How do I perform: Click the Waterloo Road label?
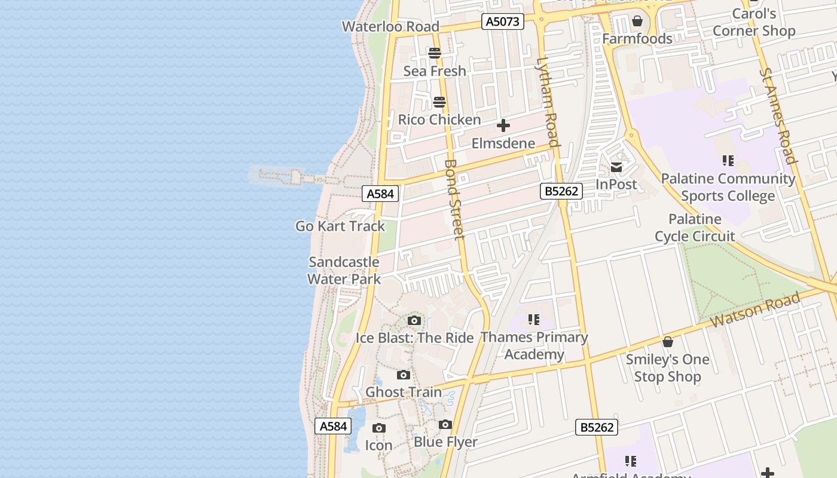(390, 26)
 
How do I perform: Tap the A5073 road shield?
(503, 22)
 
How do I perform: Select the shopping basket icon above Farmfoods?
(637, 22)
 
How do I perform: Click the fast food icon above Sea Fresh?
(435, 54)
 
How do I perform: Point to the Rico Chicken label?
(439, 119)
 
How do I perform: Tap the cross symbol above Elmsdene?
(503, 126)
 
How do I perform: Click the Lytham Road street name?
(548, 102)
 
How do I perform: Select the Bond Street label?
(455, 199)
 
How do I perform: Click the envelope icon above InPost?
(616, 167)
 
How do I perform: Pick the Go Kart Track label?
(340, 226)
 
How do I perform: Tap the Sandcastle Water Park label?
(344, 271)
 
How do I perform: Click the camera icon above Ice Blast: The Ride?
(414, 321)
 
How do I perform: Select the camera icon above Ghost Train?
(404, 375)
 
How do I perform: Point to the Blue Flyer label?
(445, 442)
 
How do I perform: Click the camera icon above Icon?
(378, 428)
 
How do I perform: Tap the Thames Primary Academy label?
(534, 345)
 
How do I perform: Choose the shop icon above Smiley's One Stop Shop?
(668, 342)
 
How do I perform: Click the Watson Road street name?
(755, 310)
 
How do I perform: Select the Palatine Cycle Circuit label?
(695, 228)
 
